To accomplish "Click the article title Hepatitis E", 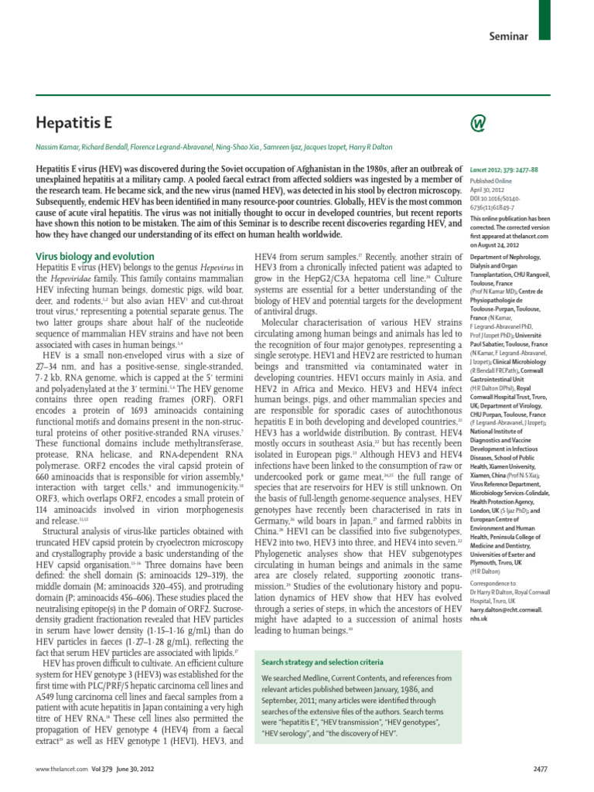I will tap(75, 121).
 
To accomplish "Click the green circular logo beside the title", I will tap(477, 122).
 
